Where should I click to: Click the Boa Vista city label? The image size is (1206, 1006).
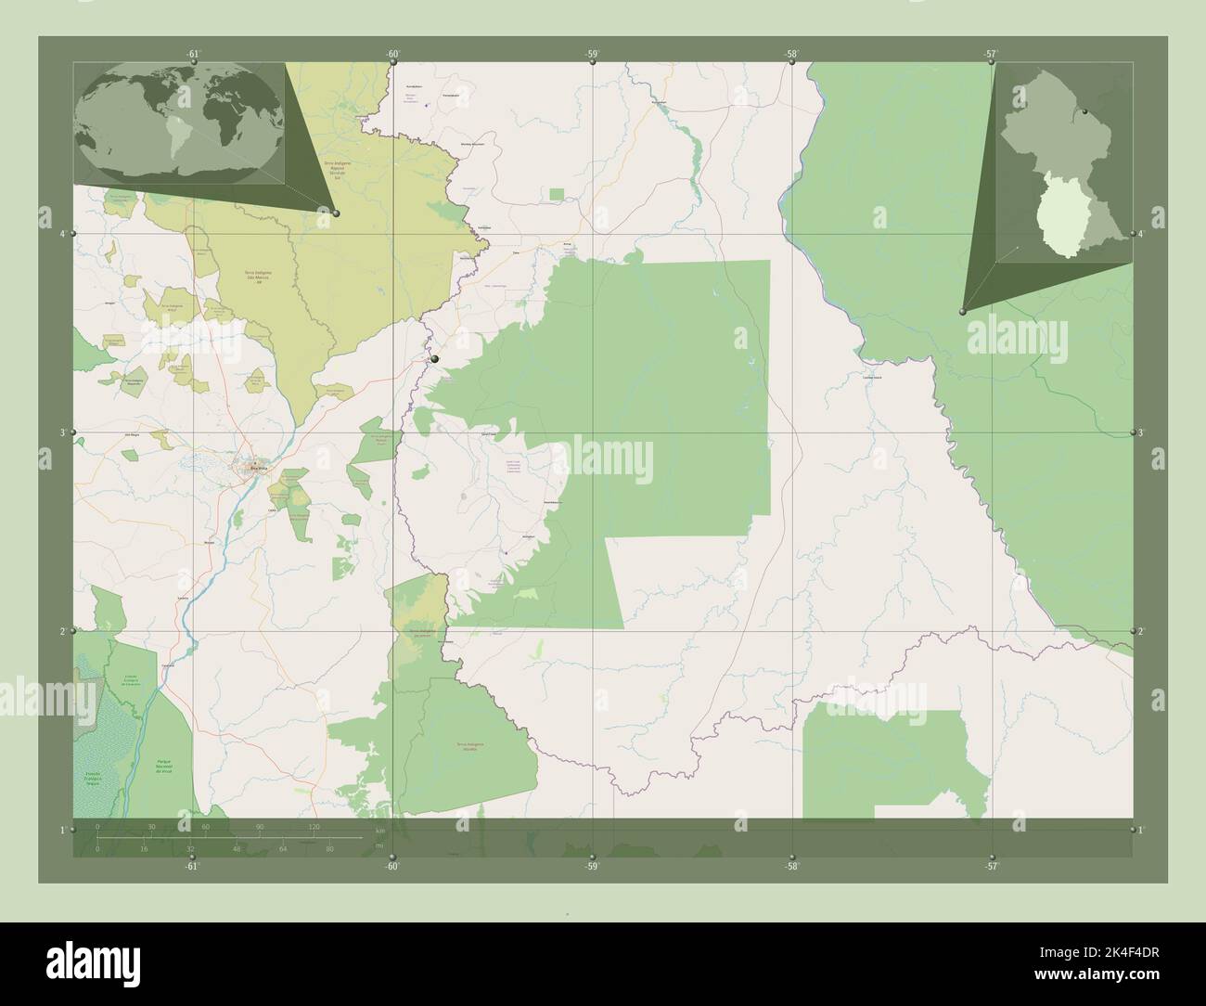coord(257,470)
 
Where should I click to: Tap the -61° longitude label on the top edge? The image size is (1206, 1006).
coord(192,54)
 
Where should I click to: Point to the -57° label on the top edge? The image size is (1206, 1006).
coord(991,54)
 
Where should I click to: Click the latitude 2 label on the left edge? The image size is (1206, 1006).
coord(62,631)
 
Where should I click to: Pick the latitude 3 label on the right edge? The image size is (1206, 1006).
coord(1142,432)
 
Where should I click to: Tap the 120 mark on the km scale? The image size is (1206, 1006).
coord(314,827)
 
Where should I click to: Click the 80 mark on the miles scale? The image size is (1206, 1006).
coord(329,848)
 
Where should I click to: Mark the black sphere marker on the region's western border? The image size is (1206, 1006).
coord(433,358)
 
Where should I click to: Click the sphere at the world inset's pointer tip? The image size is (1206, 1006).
coord(336,213)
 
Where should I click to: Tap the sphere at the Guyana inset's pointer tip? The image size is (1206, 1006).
coord(963,312)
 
